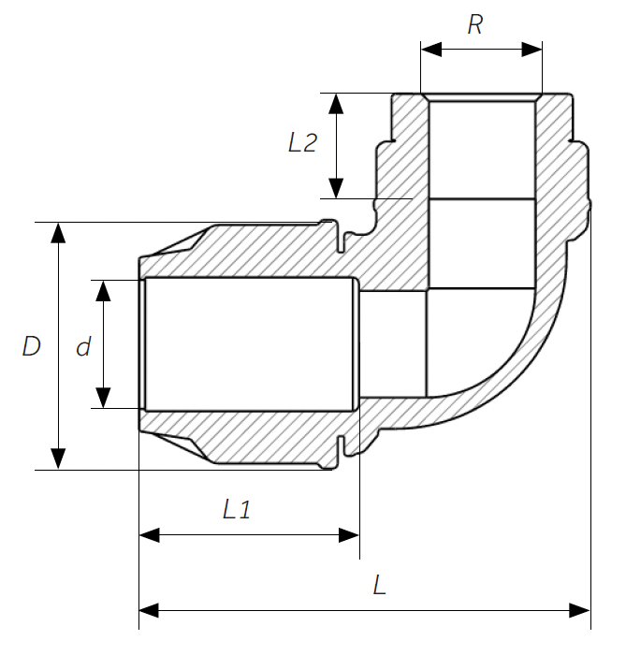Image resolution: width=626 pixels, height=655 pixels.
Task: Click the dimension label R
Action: tap(474, 24)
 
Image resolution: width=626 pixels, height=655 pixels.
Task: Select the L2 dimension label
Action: tap(302, 142)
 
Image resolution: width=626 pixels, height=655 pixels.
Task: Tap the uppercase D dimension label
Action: tap(31, 346)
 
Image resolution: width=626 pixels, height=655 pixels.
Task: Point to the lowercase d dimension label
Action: tap(83, 347)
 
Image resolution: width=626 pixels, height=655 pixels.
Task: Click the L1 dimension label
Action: tap(237, 509)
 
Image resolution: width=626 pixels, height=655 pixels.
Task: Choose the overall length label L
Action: tap(379, 585)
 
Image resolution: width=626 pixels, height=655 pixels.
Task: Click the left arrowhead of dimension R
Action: tap(431, 50)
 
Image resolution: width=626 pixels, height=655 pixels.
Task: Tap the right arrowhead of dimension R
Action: tap(531, 50)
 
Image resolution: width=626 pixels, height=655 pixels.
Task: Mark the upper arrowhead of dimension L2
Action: tap(336, 104)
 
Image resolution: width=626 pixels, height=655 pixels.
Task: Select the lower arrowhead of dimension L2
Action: tap(336, 188)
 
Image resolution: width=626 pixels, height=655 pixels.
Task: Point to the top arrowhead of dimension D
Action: tap(58, 233)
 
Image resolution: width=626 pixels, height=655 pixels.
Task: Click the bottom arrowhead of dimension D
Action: tap(58, 459)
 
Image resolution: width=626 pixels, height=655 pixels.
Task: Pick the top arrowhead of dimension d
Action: tap(103, 291)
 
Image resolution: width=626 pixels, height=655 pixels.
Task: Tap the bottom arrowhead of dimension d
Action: tap(103, 398)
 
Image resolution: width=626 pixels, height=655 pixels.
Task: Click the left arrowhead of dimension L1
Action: tap(149, 534)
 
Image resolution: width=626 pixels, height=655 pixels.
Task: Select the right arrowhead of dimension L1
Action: tap(349, 534)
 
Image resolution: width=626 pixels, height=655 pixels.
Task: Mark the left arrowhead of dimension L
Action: tap(149, 610)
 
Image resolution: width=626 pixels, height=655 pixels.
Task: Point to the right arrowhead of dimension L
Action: tap(580, 610)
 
